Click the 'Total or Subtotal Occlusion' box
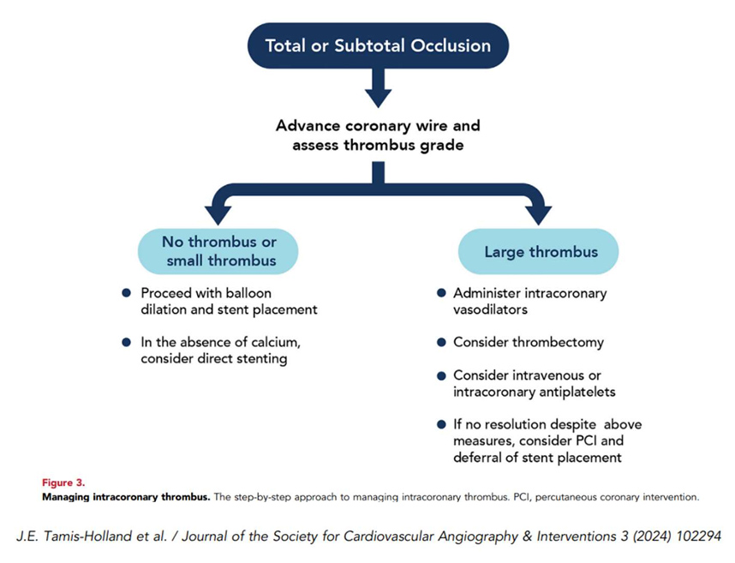[377, 45]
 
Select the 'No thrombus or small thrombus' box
[218, 251]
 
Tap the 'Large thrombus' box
[538, 251]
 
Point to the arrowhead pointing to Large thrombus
[539, 212]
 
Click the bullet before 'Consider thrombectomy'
[441, 342]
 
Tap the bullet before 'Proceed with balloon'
[127, 293]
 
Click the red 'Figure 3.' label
[63, 482]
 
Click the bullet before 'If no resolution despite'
[441, 424]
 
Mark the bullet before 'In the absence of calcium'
[127, 342]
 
